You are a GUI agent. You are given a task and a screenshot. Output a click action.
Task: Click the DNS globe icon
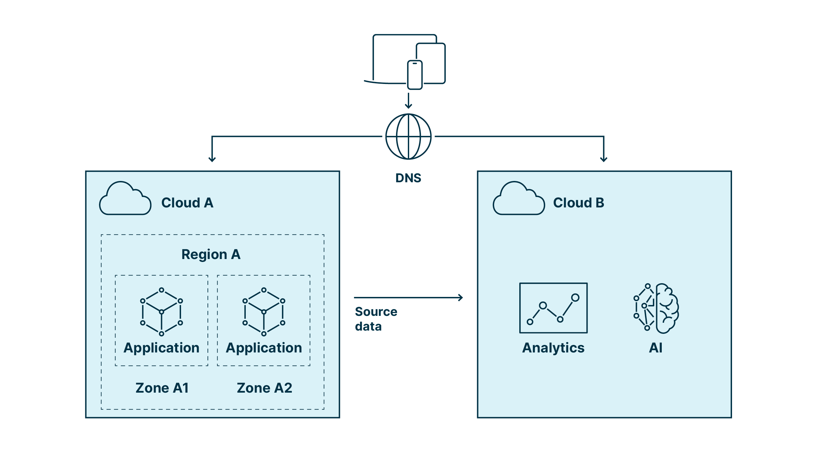pyautogui.click(x=408, y=137)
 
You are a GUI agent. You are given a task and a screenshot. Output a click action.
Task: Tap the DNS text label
pyautogui.click(x=408, y=178)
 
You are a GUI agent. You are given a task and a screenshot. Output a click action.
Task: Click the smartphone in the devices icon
pyautogui.click(x=415, y=75)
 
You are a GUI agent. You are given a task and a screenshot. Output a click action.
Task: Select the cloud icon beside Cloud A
pyautogui.click(x=125, y=199)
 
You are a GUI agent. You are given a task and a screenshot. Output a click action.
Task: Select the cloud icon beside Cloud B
pyautogui.click(x=519, y=199)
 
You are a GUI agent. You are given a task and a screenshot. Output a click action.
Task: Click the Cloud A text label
pyautogui.click(x=187, y=203)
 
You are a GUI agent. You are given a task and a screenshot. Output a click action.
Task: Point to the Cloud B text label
pyautogui.click(x=578, y=203)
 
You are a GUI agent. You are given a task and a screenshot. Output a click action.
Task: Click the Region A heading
pyautogui.click(x=211, y=254)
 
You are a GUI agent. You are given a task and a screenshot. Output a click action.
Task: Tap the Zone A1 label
pyautogui.click(x=162, y=388)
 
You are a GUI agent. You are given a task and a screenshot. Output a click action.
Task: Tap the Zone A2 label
pyautogui.click(x=264, y=388)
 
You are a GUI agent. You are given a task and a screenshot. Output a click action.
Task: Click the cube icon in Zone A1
pyautogui.click(x=161, y=312)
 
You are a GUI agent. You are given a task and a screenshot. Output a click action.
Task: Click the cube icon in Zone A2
pyautogui.click(x=264, y=312)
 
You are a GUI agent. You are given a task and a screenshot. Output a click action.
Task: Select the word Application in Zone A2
pyautogui.click(x=264, y=348)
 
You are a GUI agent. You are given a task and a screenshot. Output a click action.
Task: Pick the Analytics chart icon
pyautogui.click(x=553, y=308)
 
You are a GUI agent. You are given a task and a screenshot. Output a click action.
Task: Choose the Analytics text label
pyautogui.click(x=553, y=348)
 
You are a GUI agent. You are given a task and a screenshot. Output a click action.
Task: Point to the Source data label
pyautogui.click(x=375, y=319)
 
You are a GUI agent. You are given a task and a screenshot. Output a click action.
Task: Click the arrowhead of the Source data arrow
pyautogui.click(x=460, y=298)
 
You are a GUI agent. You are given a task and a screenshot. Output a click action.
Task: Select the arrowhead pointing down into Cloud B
pyautogui.click(x=604, y=159)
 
